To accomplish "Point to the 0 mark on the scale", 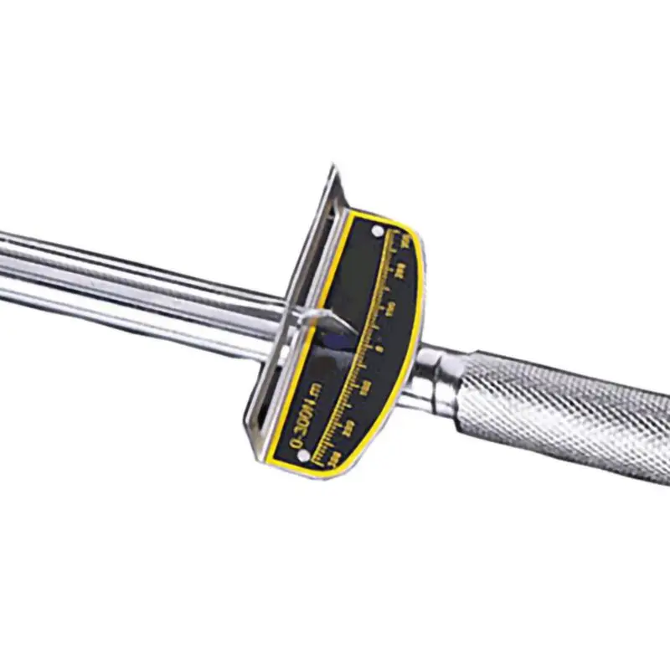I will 379,348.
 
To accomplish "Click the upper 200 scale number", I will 399,270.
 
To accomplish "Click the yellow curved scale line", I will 368,335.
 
